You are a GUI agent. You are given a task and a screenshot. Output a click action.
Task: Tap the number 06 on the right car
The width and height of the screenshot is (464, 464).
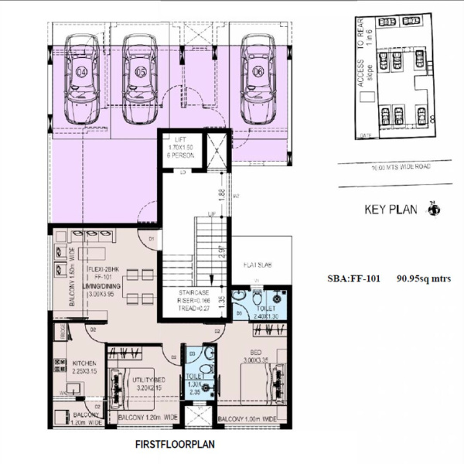(x=257, y=72)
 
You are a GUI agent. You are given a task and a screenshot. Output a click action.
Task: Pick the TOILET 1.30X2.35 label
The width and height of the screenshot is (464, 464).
(x=194, y=384)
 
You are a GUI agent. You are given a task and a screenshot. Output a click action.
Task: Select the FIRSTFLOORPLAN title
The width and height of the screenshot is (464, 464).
(x=174, y=445)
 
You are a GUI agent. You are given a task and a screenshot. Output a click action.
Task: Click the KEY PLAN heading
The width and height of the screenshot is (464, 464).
(x=391, y=210)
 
